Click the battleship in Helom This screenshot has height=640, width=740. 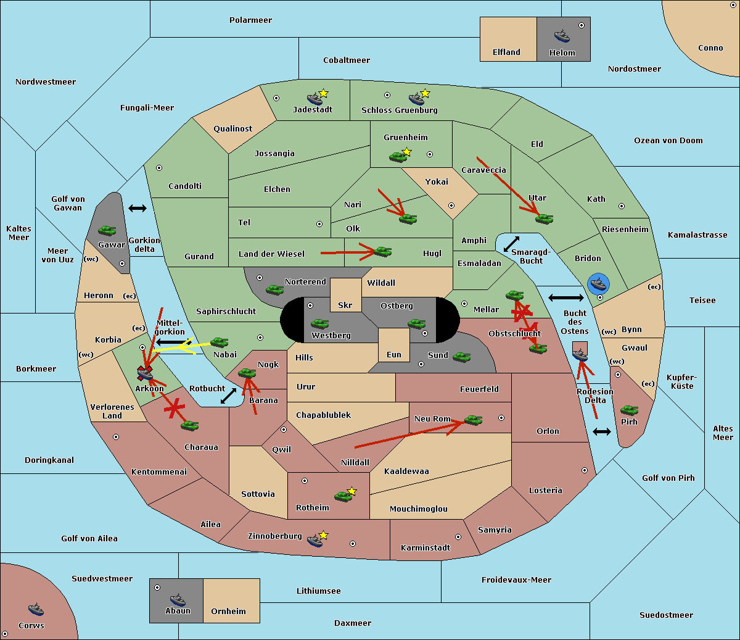(562, 36)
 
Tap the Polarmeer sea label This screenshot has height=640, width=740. (250, 20)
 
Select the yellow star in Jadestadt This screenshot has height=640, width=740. (323, 93)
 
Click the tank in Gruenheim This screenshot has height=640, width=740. (398, 157)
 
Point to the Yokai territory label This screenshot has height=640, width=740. (437, 181)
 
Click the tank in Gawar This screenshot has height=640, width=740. (107, 230)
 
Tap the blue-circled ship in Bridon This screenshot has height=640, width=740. (598, 284)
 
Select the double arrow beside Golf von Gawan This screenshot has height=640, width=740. (138, 208)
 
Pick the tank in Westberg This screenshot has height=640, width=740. (319, 323)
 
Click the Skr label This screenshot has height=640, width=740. (345, 305)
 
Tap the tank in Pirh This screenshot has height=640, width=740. (629, 410)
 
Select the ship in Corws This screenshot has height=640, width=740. (36, 610)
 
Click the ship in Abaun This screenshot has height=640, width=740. (178, 599)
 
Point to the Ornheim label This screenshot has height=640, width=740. (228, 611)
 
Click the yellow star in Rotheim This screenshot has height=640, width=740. (352, 491)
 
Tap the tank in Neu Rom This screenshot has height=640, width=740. (473, 420)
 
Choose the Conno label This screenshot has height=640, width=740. (710, 48)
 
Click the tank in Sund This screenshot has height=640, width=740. (461, 357)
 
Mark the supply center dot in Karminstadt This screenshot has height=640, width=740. (458, 537)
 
